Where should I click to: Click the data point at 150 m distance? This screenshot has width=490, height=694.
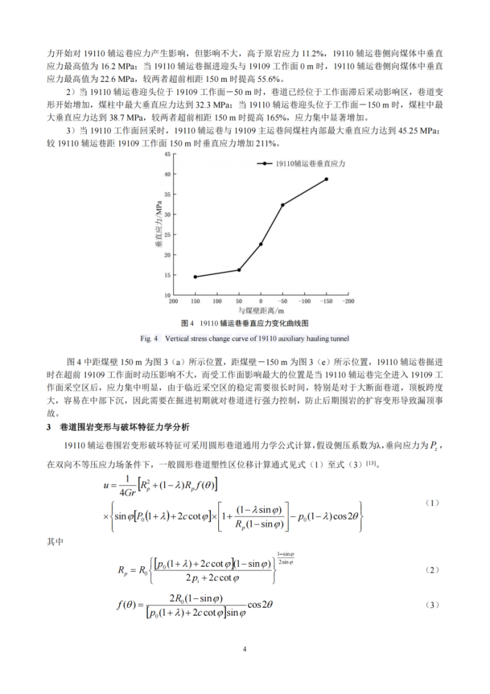[195, 276]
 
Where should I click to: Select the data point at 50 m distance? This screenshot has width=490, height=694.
[239, 270]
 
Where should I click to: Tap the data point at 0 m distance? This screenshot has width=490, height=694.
[261, 244]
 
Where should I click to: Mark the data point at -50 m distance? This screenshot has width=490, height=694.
[283, 205]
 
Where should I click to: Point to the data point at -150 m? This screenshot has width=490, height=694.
[326, 179]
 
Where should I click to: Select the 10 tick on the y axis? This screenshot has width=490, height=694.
[166, 296]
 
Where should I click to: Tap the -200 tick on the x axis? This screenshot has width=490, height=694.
[348, 302]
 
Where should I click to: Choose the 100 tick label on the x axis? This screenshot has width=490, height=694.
[217, 302]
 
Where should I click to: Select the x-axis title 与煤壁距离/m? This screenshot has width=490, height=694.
[261, 312]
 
